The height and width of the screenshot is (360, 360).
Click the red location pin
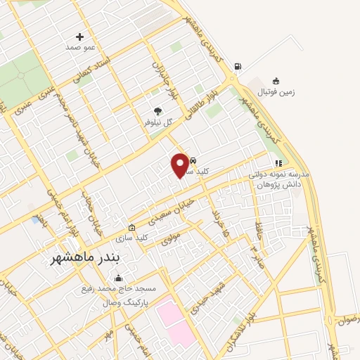point(181,165)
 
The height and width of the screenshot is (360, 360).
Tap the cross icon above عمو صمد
point(79,37)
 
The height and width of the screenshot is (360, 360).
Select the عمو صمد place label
point(79,46)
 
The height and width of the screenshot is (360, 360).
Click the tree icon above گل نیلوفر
point(157,111)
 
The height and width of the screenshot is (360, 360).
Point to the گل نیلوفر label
point(157,122)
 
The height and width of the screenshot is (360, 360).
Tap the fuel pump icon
point(237,67)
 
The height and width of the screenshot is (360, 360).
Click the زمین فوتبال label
point(276,91)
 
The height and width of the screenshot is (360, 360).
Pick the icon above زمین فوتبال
point(276,80)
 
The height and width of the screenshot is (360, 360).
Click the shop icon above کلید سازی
point(131,227)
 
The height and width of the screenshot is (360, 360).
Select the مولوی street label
point(171,238)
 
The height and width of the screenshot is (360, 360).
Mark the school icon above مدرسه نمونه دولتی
point(278,163)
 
